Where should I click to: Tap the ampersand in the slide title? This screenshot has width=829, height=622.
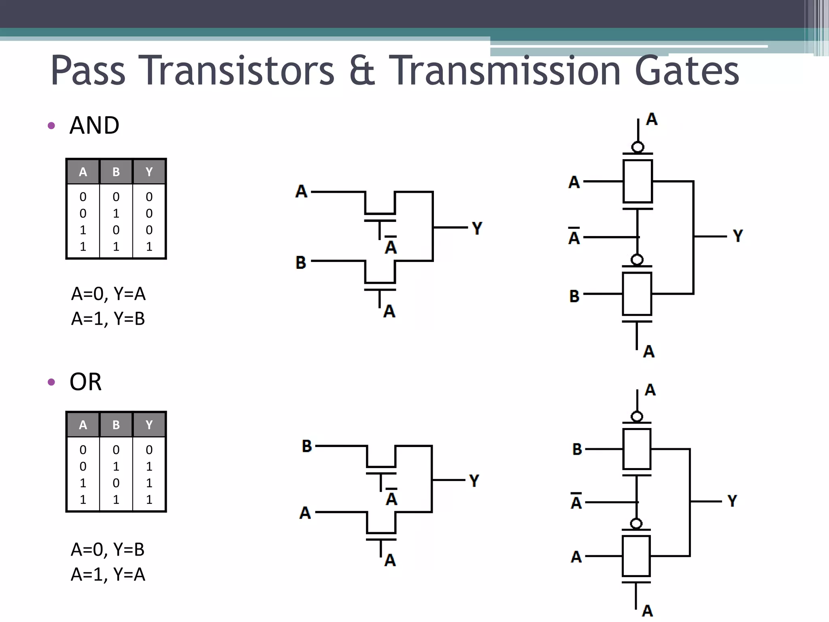(x=361, y=71)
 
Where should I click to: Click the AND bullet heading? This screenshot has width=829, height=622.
(x=94, y=125)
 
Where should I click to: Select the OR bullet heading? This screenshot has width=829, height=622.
(x=85, y=381)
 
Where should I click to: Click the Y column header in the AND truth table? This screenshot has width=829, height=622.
(x=149, y=172)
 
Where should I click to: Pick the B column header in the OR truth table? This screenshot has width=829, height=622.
(x=116, y=425)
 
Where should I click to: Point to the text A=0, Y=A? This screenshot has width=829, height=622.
(x=108, y=294)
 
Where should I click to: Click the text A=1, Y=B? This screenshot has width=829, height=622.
(x=108, y=319)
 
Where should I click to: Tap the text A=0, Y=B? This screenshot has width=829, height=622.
(x=108, y=550)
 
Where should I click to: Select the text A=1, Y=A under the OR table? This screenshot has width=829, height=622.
(x=108, y=574)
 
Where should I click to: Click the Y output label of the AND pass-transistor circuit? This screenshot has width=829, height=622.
(x=477, y=228)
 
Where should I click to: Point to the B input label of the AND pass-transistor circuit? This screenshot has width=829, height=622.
(x=301, y=262)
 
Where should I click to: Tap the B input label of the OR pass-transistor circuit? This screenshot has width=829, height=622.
(x=307, y=446)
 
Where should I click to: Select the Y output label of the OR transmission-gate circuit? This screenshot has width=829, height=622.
(x=732, y=501)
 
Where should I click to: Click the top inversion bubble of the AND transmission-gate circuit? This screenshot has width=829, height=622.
(x=638, y=147)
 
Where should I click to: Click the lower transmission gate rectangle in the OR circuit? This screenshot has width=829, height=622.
(x=636, y=556)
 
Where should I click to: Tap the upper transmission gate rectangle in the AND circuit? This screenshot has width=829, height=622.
(x=638, y=181)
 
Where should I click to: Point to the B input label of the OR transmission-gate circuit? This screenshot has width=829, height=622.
(x=577, y=449)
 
